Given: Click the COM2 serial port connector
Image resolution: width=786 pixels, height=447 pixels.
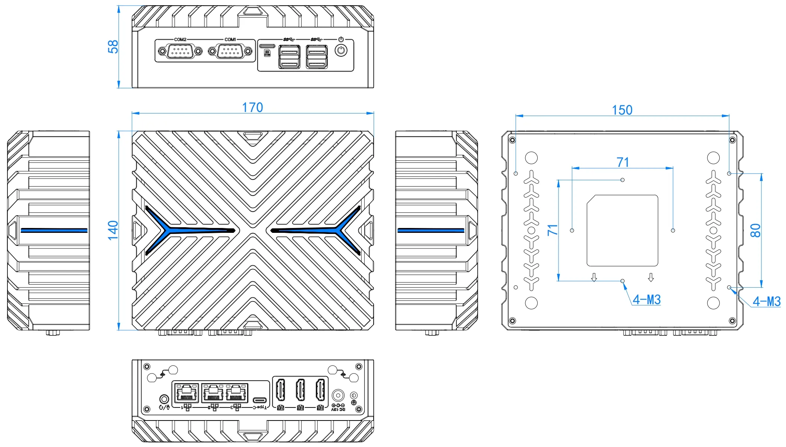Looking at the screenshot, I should [180, 51].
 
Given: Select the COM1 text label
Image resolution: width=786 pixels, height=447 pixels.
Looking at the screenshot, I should [230, 40].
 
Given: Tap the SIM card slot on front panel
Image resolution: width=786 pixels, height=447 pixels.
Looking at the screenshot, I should [267, 46].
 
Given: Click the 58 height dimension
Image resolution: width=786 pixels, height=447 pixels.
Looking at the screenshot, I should [113, 47].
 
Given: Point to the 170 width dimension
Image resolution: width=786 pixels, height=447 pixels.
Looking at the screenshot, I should [252, 107].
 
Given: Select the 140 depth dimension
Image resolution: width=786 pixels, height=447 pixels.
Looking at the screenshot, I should [113, 230].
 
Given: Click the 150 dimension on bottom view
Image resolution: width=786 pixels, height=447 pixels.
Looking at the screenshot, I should [622, 110].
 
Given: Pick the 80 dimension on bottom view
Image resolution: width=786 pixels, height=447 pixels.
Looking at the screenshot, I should [755, 230].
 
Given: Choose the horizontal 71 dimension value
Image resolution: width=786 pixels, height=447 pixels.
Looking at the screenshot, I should [623, 162].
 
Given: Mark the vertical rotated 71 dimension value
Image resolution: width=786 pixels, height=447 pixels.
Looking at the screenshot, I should [552, 230].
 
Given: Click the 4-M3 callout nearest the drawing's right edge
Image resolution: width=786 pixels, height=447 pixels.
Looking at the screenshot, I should [766, 301].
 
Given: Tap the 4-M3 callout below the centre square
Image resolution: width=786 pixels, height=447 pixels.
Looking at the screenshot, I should [647, 300].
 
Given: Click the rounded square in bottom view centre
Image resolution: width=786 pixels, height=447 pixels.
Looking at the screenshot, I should [622, 230].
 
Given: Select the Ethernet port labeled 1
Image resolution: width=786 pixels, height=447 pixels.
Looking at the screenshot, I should [186, 393].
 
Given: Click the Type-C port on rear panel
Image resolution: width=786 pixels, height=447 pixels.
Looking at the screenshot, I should [260, 400].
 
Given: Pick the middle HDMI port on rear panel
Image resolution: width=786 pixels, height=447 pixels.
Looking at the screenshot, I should [300, 390].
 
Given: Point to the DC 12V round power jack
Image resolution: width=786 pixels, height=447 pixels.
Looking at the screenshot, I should [338, 395].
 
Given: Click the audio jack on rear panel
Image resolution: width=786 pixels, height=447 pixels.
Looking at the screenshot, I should [164, 399].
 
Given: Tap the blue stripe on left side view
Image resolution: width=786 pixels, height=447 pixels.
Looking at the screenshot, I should [54, 230].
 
